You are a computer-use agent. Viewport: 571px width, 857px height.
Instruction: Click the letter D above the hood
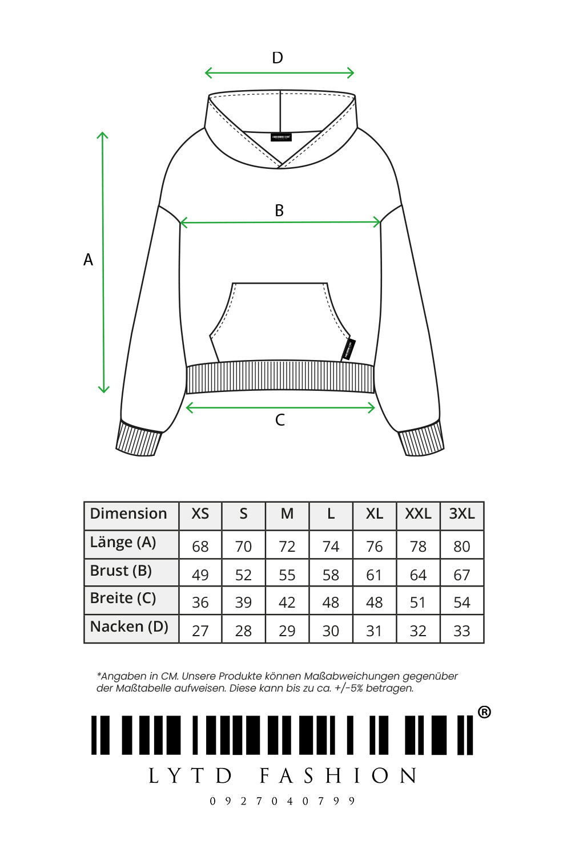click(x=278, y=58)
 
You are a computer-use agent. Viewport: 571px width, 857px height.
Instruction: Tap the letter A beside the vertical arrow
click(x=88, y=260)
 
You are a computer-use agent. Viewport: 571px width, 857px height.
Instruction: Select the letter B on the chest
click(x=279, y=211)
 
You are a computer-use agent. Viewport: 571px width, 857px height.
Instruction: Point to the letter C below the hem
click(x=280, y=420)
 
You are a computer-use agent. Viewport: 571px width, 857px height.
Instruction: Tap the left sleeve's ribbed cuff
click(x=139, y=439)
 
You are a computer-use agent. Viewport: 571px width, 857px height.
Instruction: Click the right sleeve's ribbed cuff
click(x=421, y=439)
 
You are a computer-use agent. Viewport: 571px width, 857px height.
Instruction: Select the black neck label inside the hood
click(x=281, y=138)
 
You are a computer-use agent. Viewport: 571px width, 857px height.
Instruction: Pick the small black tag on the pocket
click(x=349, y=349)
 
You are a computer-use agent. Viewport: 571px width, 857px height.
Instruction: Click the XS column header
click(x=200, y=514)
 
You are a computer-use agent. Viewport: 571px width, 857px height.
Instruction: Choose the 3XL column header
click(x=461, y=514)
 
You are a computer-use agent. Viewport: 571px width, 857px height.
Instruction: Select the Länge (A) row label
click(x=123, y=543)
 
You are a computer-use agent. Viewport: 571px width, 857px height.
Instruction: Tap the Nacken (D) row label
click(x=129, y=627)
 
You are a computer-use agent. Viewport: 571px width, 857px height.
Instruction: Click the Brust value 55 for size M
click(x=287, y=575)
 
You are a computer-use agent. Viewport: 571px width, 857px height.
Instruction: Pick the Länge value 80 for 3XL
click(x=461, y=547)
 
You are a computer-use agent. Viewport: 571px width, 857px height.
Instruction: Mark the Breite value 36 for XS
click(x=200, y=603)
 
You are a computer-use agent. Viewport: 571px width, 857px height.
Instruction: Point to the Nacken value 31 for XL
click(x=374, y=631)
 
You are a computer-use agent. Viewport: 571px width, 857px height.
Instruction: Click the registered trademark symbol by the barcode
click(x=484, y=712)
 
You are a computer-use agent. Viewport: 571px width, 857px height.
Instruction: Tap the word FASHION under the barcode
click(x=338, y=776)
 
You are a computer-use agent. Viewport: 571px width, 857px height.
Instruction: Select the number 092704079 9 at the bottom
click(x=282, y=801)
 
